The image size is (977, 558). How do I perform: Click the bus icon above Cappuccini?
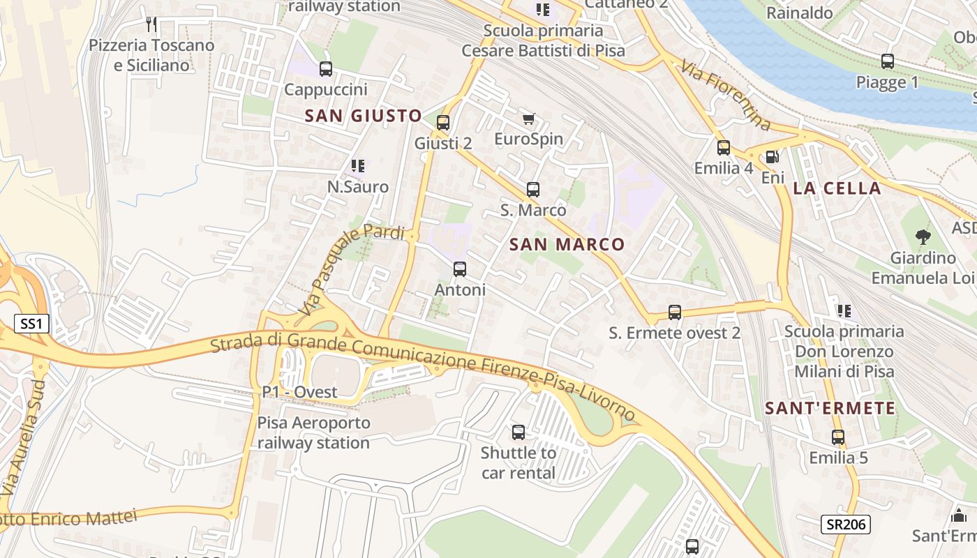coord(326,69)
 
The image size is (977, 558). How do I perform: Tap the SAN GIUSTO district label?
coord(363,116)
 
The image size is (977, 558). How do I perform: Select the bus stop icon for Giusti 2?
coord(442,123)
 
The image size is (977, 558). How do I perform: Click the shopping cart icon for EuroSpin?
coord(528,119)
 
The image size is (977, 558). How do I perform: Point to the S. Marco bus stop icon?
coord(533,190)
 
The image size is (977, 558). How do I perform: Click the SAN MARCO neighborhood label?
coord(567,244)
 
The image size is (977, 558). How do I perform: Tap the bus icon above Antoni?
coord(459,269)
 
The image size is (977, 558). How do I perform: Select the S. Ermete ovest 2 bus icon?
coord(674,312)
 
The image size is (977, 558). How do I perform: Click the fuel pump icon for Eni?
coord(772,158)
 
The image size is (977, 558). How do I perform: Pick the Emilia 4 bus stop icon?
coord(723,148)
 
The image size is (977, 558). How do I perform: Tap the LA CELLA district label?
coord(837,188)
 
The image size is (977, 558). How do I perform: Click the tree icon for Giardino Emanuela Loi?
coord(923,237)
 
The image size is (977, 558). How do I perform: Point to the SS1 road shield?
coord(31,324)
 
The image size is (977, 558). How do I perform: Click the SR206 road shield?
coord(844,525)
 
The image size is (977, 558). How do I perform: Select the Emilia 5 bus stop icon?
coord(838,438)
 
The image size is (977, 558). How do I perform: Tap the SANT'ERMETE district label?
coord(830,409)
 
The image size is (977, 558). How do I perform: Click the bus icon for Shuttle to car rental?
coord(518,432)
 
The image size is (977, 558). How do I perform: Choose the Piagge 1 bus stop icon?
coord(887,61)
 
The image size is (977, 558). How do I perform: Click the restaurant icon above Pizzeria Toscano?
coord(151,24)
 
